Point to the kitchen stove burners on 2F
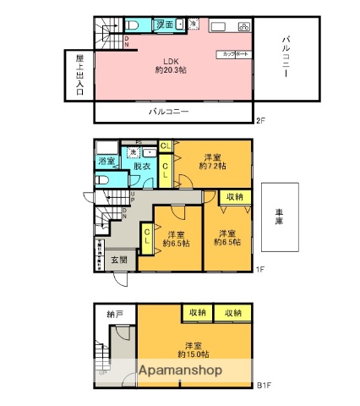(x=243, y=26)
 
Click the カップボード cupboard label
(x=233, y=53)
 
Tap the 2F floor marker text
(x=259, y=121)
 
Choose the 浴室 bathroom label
(x=106, y=161)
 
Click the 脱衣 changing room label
(x=141, y=167)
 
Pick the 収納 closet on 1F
(x=234, y=196)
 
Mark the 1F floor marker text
(x=261, y=270)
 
